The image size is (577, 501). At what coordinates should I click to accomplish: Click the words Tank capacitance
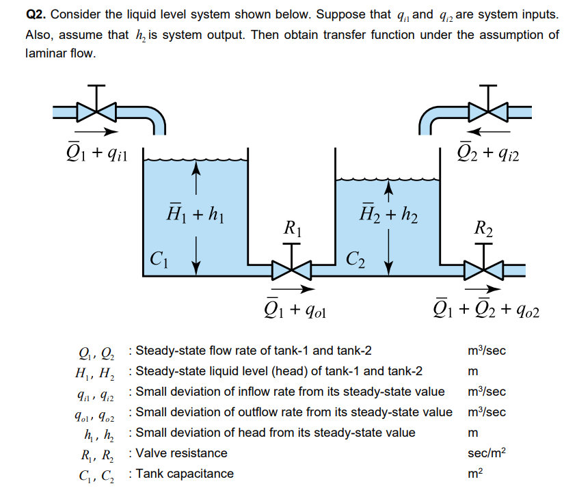pos(185,474)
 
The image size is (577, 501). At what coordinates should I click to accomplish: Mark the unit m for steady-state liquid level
pos(470,371)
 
